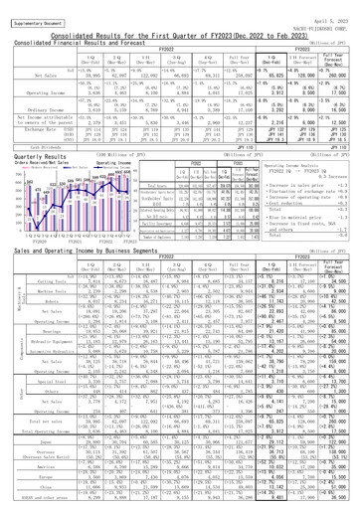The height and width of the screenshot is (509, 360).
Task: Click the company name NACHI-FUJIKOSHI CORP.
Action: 323,23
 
